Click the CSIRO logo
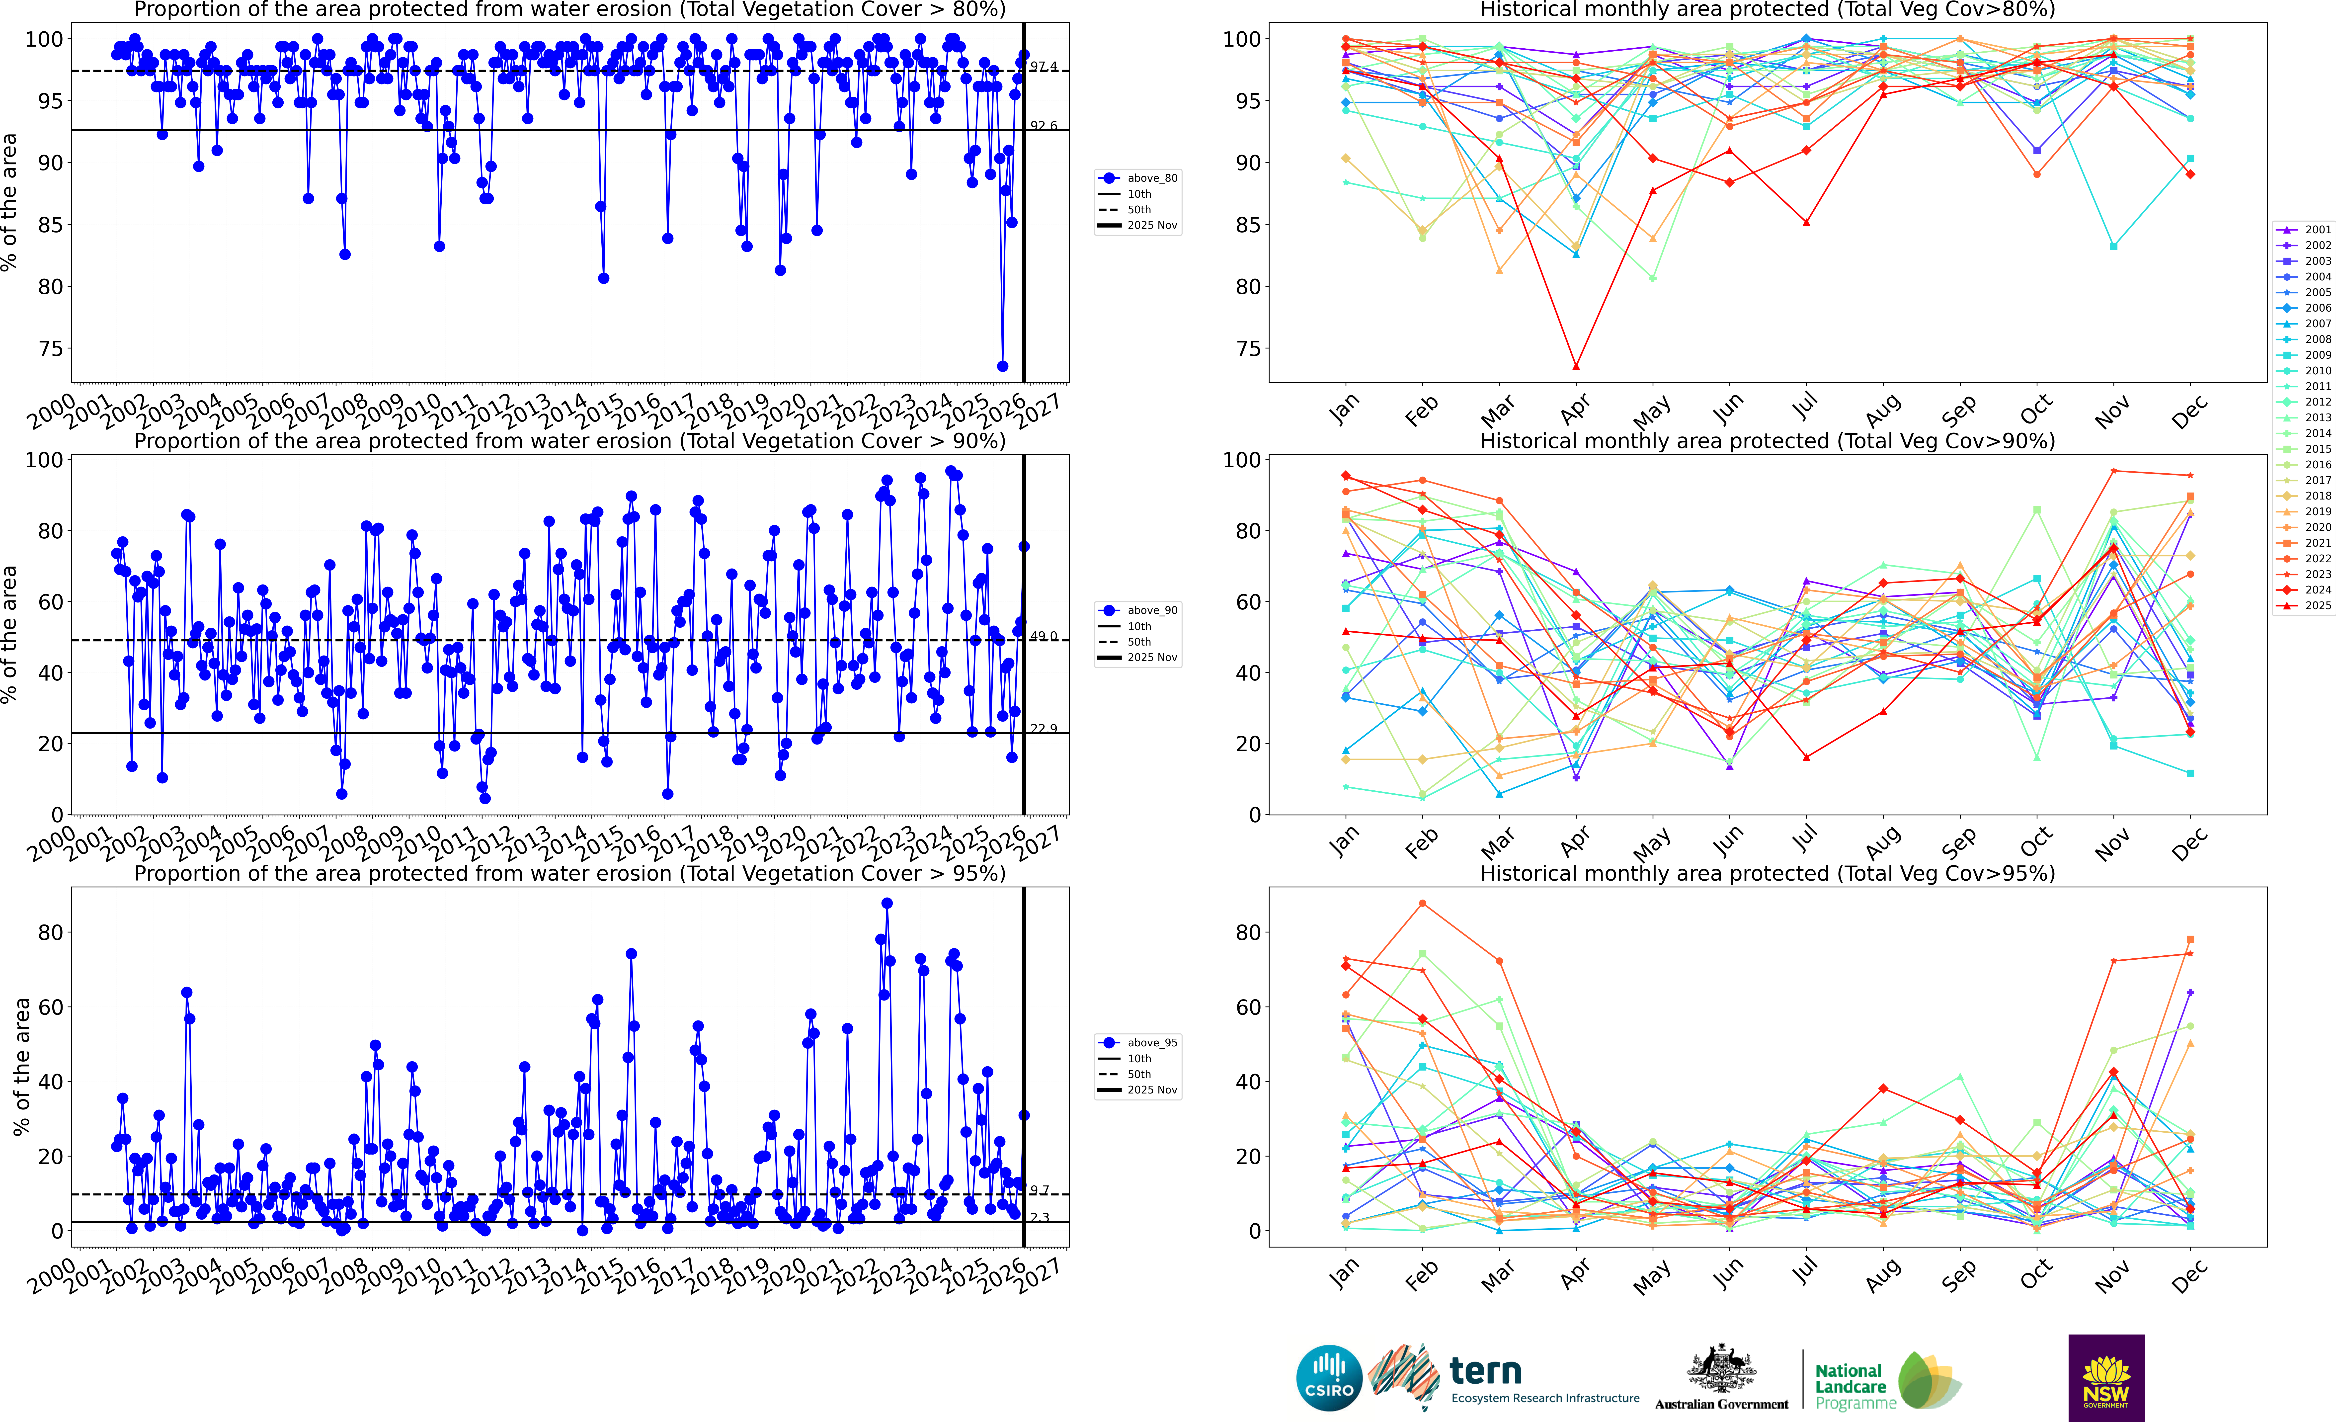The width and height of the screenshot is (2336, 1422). [x=1329, y=1377]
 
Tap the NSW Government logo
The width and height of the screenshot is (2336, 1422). [x=2106, y=1377]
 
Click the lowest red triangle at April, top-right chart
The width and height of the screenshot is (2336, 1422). [x=1576, y=366]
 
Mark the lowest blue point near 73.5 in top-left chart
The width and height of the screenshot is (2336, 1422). [x=1002, y=366]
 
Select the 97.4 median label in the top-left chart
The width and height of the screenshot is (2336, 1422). [x=1044, y=66]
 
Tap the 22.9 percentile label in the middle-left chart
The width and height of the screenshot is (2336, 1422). [x=1044, y=728]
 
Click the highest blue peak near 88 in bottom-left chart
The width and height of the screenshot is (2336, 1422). [x=886, y=904]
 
